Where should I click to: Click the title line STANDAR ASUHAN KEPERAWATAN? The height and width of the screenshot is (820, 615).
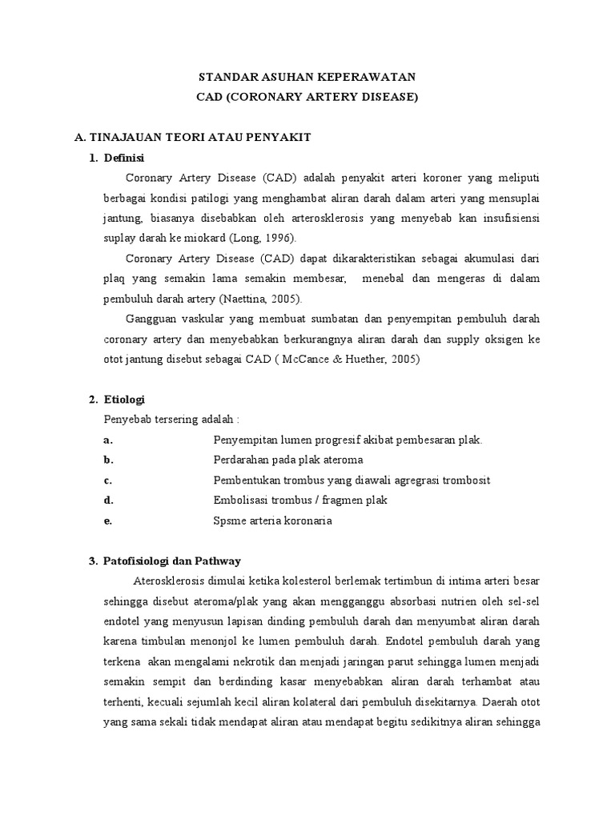pyautogui.click(x=307, y=78)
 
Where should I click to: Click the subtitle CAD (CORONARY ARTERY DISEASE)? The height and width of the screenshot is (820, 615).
pyautogui.click(x=307, y=97)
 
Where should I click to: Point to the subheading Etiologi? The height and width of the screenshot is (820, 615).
pyautogui.click(x=124, y=400)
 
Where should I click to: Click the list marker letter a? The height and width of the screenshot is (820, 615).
pyautogui.click(x=108, y=440)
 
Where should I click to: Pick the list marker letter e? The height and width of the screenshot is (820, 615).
pyautogui.click(x=108, y=521)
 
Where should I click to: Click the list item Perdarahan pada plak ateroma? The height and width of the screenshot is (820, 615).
pyautogui.click(x=288, y=460)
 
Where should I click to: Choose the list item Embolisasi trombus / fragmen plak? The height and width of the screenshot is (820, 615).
pyautogui.click(x=300, y=500)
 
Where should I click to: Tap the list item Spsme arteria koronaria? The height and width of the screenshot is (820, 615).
pyautogui.click(x=272, y=521)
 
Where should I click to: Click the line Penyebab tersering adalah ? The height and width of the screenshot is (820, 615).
pyautogui.click(x=172, y=420)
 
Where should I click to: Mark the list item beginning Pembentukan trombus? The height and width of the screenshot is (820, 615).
pyautogui.click(x=352, y=480)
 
